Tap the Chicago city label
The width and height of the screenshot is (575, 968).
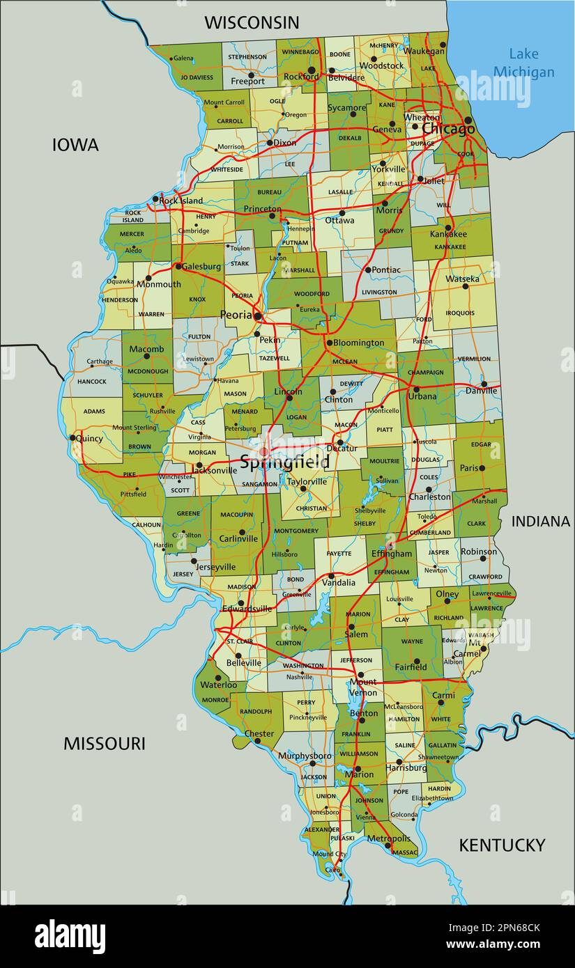[448, 130]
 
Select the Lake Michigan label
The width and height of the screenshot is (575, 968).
[531, 63]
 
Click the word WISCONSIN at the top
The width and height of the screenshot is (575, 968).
[252, 22]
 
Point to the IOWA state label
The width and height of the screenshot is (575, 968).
[75, 145]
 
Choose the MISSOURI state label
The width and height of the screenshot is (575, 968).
[105, 743]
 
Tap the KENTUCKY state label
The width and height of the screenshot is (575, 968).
[502, 845]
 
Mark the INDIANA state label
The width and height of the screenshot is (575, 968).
[541, 521]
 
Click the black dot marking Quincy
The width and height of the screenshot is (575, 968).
[72, 438]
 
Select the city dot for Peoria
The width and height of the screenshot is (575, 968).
[258, 316]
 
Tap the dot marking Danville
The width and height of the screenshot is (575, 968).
[484, 384]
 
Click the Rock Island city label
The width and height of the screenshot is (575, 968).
[181, 201]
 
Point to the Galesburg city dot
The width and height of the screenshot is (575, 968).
[178, 266]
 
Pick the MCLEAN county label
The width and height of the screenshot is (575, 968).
[345, 361]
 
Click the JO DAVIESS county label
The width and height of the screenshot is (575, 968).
[196, 77]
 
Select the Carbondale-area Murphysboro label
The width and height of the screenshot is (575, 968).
[305, 756]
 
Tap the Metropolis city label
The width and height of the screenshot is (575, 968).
[388, 838]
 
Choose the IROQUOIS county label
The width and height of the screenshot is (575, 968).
[460, 313]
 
